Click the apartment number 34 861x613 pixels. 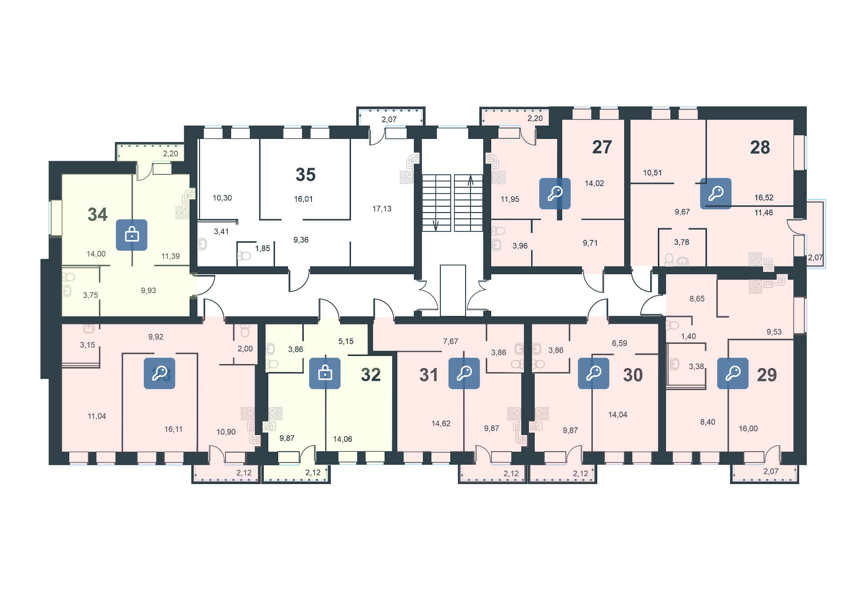tap(98, 214)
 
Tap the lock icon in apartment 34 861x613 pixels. tap(132, 235)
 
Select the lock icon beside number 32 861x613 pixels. tap(325, 373)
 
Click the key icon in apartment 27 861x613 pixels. tap(555, 193)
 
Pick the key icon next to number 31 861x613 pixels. tap(464, 373)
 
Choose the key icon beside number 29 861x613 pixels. tap(733, 373)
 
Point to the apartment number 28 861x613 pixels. tap(760, 147)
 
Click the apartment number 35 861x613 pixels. tap(306, 174)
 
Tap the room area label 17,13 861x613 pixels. tap(382, 209)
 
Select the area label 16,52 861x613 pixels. tap(764, 197)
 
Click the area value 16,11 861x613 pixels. tap(173, 429)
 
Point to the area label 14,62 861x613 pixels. tap(441, 423)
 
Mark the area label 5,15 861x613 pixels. tap(346, 341)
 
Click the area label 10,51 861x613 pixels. tap(652, 173)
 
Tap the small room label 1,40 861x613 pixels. tap(688, 336)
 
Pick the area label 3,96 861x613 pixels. tap(520, 246)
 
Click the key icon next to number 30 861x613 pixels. tap(594, 373)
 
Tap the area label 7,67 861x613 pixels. tap(451, 341)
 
